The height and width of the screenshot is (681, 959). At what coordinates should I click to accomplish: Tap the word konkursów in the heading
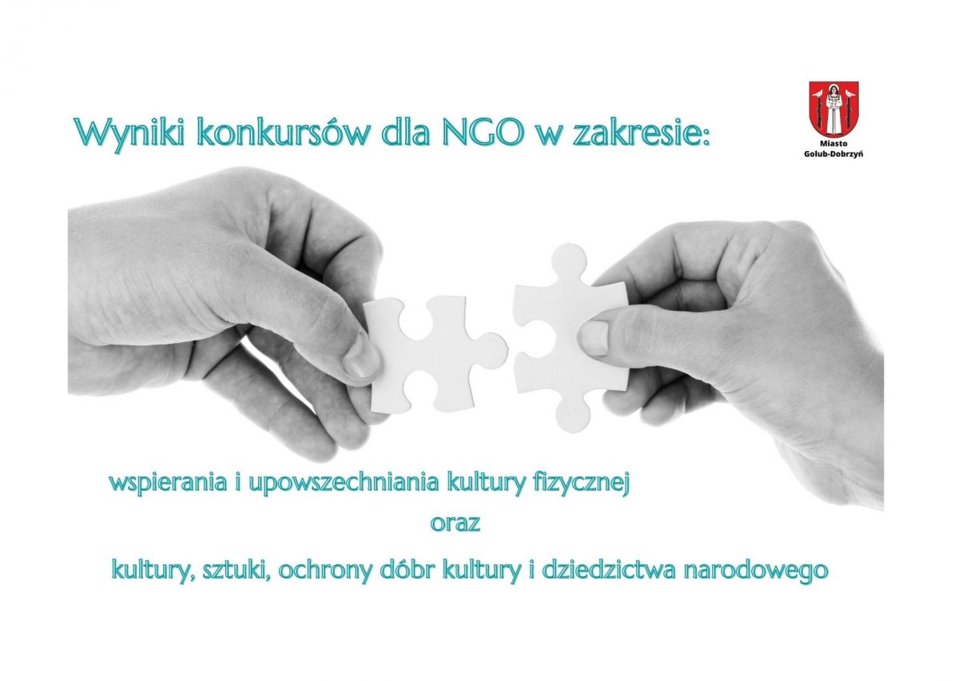[285, 133]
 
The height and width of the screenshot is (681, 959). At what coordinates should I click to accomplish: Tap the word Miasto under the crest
[834, 144]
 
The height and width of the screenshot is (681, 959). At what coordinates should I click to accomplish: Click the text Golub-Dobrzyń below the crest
[834, 153]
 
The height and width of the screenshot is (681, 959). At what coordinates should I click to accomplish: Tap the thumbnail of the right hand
[594, 338]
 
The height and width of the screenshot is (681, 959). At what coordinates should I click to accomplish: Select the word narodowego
[756, 571]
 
